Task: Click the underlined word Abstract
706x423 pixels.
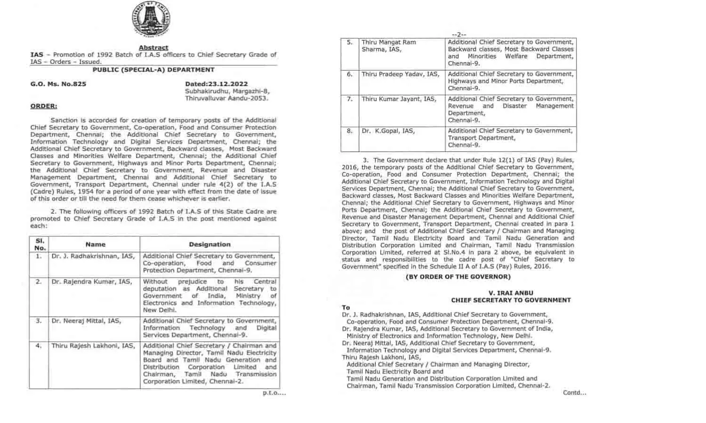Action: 153,47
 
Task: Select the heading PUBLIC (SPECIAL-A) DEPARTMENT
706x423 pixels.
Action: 153,70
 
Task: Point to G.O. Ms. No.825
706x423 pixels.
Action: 58,84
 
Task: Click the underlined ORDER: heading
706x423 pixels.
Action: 44,106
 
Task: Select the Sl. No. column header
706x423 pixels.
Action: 40,244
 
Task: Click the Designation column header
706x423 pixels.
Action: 209,244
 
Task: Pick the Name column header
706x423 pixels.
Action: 96,244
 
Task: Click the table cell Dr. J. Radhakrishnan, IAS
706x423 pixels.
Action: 93,256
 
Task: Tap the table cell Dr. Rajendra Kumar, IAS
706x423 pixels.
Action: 92,282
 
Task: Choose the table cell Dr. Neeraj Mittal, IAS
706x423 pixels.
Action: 86,321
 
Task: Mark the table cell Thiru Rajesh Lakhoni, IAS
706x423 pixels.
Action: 93,346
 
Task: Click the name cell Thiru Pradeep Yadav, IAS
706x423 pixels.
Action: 401,74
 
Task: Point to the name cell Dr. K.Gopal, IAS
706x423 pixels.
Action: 388,131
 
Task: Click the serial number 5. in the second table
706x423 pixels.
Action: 350,42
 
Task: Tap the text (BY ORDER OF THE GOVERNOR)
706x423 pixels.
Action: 458,277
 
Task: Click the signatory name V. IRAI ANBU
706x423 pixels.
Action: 511,293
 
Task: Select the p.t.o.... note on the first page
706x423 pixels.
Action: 274,393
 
